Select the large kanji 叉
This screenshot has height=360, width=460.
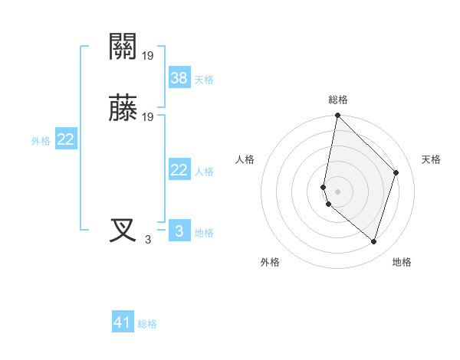point(123,231)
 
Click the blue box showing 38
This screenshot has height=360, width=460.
point(179,77)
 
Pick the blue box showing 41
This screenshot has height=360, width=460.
point(123,323)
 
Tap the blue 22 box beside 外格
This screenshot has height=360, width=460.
point(66,139)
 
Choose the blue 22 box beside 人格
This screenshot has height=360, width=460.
point(179,170)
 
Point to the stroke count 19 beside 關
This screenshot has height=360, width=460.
point(148,56)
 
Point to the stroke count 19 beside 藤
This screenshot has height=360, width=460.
point(148,117)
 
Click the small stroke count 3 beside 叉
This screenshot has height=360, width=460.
point(148,240)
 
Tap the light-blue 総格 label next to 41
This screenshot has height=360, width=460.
point(147,325)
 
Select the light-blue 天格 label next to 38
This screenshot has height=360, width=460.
point(204,79)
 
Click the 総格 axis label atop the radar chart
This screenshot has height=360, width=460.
point(338,100)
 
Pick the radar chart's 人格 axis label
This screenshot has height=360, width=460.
point(245,159)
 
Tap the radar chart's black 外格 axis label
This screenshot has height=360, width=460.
point(270,262)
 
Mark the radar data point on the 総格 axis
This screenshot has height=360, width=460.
point(338,116)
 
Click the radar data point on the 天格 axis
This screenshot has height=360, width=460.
point(396,172)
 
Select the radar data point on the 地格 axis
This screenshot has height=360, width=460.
point(374,241)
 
